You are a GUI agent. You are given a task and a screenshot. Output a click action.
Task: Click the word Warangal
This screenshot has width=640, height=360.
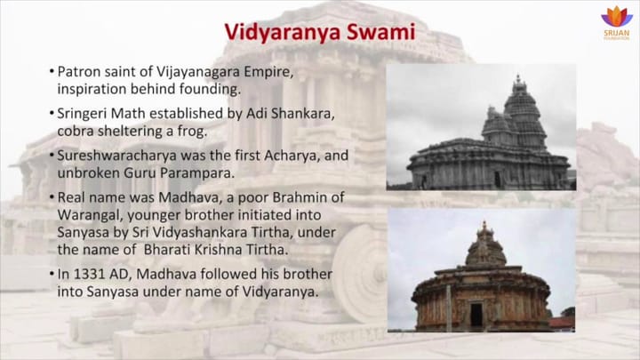tap(92, 214)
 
